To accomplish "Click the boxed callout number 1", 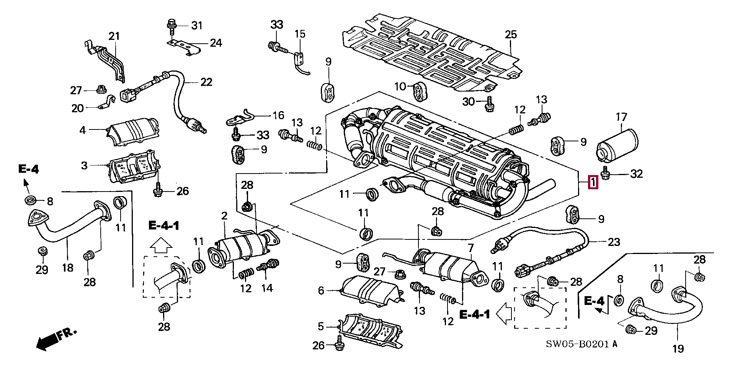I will tap(593, 182).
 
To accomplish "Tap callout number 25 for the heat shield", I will tap(511, 34).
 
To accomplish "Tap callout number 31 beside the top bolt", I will tap(196, 26).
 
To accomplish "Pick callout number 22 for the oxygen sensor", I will tap(206, 82).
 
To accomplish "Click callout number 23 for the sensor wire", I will tap(614, 242).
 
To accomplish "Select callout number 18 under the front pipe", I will tap(68, 267).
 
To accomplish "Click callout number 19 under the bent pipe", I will tap(678, 348).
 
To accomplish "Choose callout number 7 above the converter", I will tap(470, 247).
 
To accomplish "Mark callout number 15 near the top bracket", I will tap(300, 34).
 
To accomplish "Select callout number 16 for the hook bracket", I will tap(278, 115).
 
